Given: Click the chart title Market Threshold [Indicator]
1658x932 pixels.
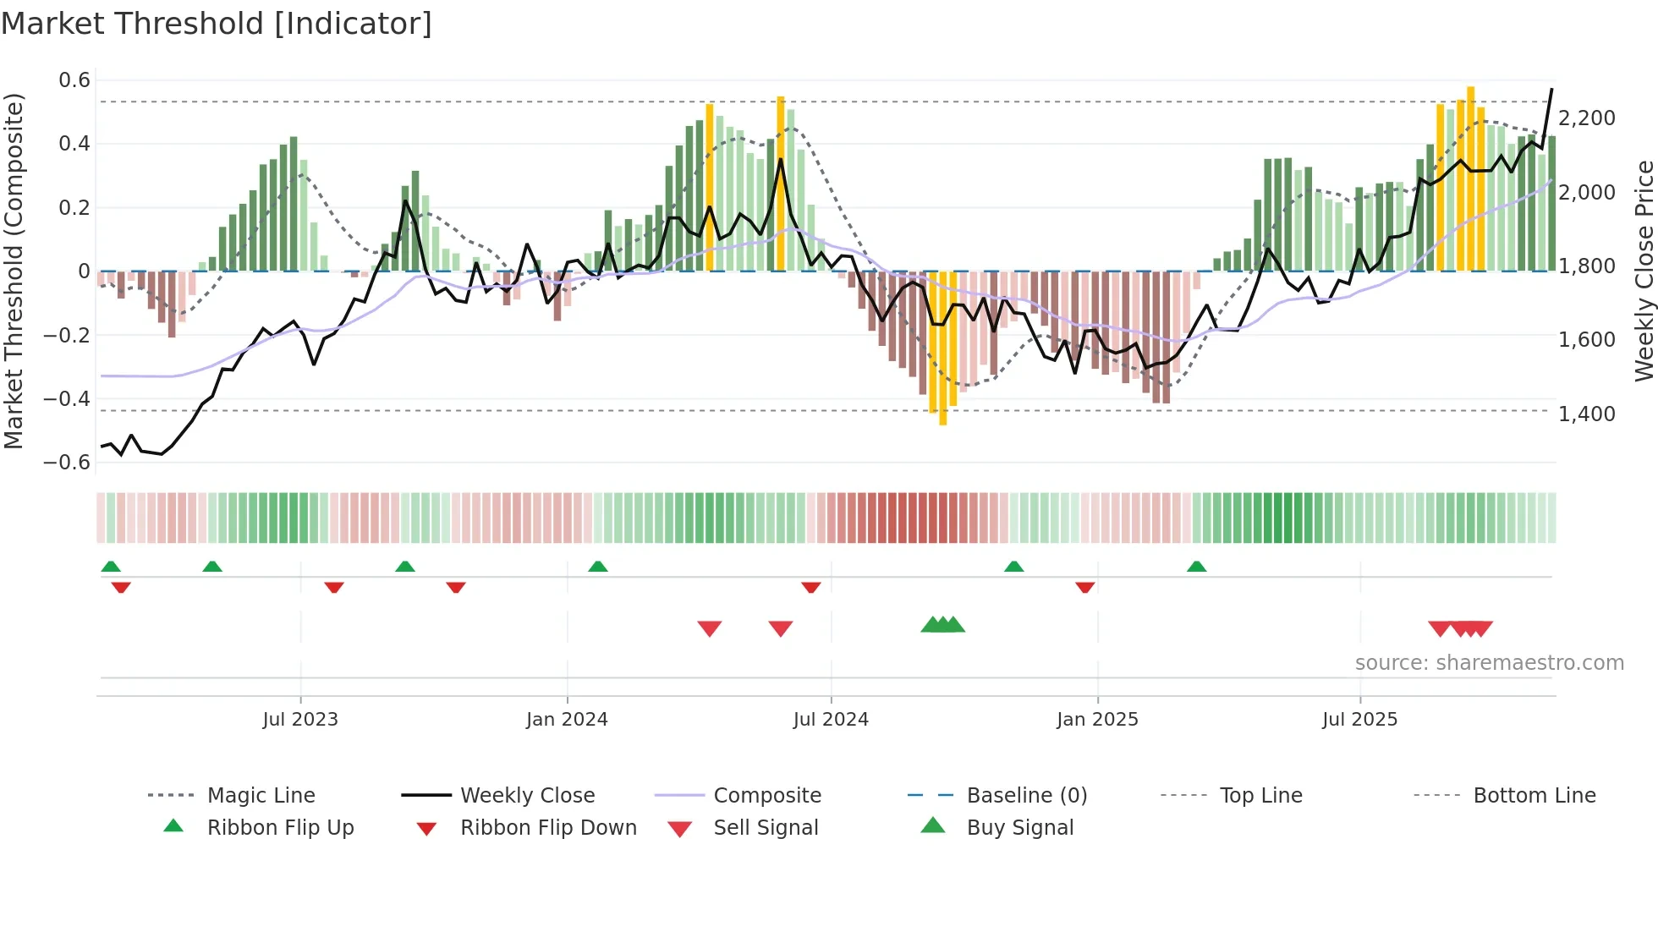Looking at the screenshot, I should tap(217, 24).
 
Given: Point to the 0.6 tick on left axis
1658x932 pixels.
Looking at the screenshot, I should tap(74, 80).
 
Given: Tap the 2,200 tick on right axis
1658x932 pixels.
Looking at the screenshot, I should tap(1587, 118).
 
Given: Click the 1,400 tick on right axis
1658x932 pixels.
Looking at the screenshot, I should tap(1587, 414).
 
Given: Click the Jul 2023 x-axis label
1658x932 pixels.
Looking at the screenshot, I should tap(300, 720).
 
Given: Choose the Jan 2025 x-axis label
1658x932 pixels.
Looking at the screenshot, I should tap(1097, 720).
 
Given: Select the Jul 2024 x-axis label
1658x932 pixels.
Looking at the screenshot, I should tap(831, 720).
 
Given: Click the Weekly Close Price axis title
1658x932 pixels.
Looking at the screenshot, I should tap(1644, 271).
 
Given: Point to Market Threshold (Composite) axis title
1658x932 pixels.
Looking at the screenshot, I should tap(14, 271).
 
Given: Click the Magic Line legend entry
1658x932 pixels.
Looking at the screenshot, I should tap(261, 796).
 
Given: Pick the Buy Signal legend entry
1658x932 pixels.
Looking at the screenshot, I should tap(1019, 828).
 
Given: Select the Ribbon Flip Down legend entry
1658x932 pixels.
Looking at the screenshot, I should tap(548, 828).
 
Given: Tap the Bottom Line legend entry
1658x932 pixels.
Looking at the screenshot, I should tap(1534, 796).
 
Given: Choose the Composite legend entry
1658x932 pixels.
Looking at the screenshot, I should tap(767, 796).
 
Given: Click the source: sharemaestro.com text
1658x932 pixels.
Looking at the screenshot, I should tap(1489, 663).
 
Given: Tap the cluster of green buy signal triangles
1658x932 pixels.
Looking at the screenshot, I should tap(943, 625).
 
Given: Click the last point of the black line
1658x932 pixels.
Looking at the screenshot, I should tap(1551, 89).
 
